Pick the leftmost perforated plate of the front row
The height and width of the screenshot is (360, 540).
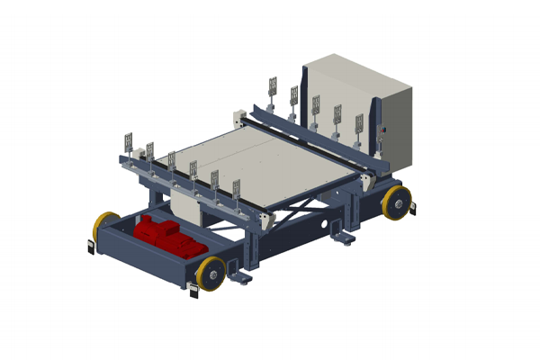(x=129, y=142)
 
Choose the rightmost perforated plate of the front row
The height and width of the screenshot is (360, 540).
(x=236, y=190)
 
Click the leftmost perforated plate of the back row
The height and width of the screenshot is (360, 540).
(x=272, y=87)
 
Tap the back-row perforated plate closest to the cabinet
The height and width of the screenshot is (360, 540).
(x=358, y=124)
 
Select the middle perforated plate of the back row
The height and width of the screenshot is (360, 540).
(x=316, y=105)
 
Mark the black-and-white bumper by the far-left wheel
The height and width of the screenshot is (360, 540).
(x=93, y=245)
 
